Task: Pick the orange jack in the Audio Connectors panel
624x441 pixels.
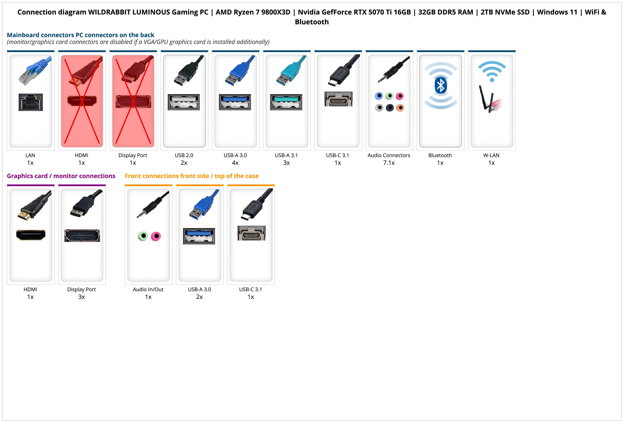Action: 400,108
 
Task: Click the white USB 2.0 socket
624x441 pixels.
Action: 184,102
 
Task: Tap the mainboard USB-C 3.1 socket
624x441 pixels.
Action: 338,99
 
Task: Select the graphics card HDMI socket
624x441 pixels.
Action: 31,235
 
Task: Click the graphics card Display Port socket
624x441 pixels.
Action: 82,236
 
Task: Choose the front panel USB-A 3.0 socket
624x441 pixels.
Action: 199,236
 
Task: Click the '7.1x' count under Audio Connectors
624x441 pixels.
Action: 389,163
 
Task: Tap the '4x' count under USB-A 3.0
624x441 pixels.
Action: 235,163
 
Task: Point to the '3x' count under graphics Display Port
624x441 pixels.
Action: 81,297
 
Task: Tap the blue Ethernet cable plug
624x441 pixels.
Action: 35,70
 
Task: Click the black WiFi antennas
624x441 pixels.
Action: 486,99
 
